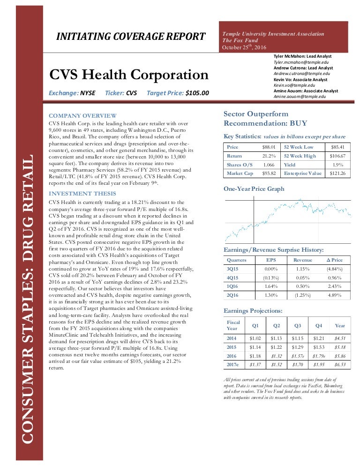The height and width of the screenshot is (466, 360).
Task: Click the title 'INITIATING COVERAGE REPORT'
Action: coord(131,37)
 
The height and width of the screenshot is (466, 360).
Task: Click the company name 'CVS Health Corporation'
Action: coord(129,75)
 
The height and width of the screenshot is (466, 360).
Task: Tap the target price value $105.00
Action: coord(197,93)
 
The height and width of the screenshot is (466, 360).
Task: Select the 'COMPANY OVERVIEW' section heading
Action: coord(83,116)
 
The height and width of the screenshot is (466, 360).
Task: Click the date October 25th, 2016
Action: coord(244,47)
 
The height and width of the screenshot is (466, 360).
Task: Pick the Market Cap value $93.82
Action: coord(268,173)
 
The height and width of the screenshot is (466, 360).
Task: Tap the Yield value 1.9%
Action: coord(337,165)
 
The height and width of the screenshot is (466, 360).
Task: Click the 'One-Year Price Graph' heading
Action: coord(254,189)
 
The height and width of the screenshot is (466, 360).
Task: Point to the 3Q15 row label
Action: coord(233,269)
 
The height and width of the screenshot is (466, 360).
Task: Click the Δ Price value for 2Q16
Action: coord(335,295)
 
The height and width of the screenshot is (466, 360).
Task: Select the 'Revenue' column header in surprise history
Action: coord(302,260)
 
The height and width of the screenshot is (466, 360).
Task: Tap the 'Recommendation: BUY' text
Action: coord(265,123)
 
